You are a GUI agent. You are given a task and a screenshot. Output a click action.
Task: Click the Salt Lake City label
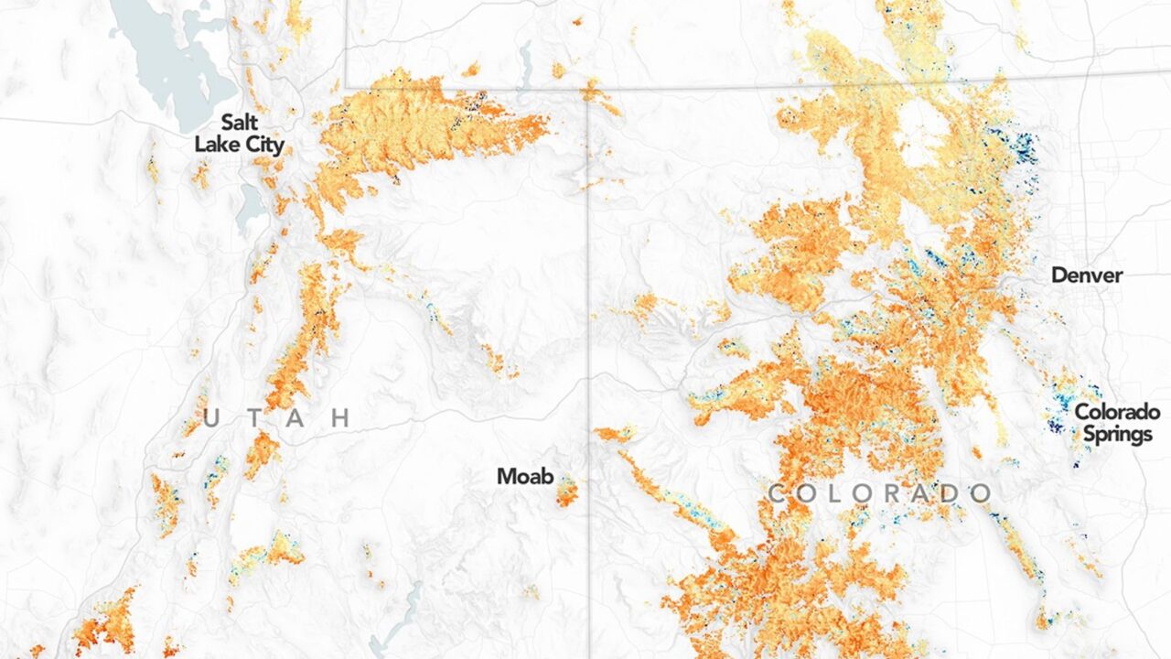tap(239, 134)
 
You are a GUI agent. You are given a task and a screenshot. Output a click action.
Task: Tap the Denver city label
tap(1086, 275)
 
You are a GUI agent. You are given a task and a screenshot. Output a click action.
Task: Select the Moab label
tap(524, 476)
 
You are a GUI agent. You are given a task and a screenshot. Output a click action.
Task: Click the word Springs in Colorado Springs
tap(1117, 433)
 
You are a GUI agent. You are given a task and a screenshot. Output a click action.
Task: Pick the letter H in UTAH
tap(340, 419)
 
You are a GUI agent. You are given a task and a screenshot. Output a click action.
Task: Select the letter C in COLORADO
tap(777, 494)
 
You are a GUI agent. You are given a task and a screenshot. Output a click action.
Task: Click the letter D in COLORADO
tap(951, 494)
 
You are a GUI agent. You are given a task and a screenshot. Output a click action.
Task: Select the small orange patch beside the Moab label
tap(566, 492)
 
